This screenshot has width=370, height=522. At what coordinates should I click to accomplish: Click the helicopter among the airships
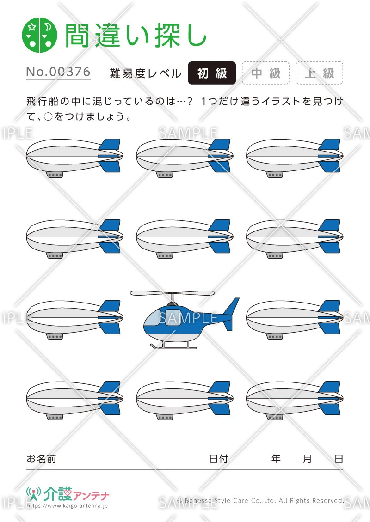[x=185, y=319]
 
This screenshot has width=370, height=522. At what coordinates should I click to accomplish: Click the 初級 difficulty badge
[x=212, y=73]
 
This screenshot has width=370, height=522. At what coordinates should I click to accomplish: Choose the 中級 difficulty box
[x=265, y=73]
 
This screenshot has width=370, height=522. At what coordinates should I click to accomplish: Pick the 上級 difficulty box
[x=319, y=73]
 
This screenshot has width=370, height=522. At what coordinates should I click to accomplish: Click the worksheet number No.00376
[x=58, y=72]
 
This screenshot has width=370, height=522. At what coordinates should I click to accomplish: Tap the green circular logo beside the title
[x=40, y=35]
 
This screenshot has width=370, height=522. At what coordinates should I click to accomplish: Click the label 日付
[x=218, y=459]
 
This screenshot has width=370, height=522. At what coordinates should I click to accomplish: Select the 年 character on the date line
[x=276, y=459]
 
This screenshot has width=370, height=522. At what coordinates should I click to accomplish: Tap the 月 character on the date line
[x=307, y=459]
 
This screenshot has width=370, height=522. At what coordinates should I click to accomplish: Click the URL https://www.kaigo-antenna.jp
[x=68, y=506]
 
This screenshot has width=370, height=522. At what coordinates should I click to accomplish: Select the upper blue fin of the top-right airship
[x=330, y=145]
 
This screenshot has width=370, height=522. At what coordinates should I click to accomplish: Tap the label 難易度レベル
[x=146, y=73]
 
